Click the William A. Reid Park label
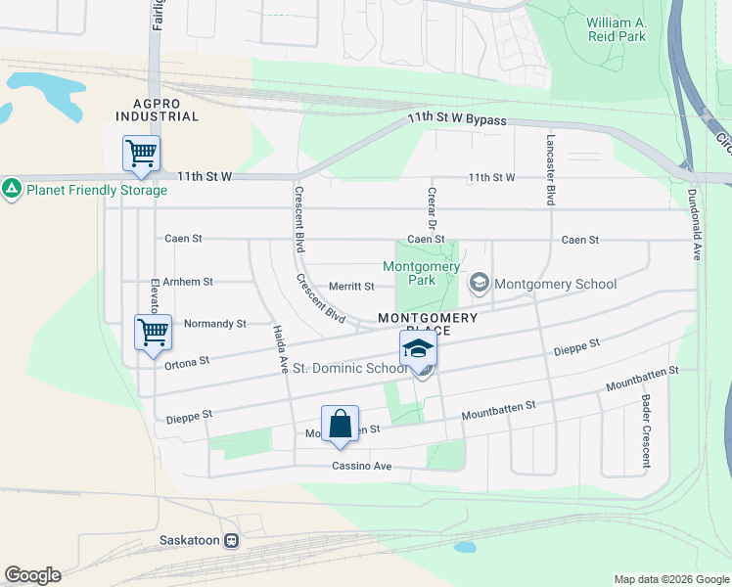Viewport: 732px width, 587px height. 617,29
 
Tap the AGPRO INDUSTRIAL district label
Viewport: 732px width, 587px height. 157,109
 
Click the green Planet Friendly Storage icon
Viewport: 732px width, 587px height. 12,188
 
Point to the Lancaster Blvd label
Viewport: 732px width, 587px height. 551,169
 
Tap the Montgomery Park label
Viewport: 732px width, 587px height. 422,273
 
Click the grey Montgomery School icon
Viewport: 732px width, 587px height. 480,284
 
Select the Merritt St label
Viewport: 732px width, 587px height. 351,287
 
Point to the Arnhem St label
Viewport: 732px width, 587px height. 189,282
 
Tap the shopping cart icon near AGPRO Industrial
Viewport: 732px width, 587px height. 141,154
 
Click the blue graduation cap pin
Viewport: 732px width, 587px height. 418,347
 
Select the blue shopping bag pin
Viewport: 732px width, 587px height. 340,424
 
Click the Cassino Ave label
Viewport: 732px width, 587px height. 361,467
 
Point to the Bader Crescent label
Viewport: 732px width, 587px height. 646,419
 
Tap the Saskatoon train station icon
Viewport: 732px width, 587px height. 232,540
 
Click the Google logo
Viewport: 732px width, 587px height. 32,575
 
